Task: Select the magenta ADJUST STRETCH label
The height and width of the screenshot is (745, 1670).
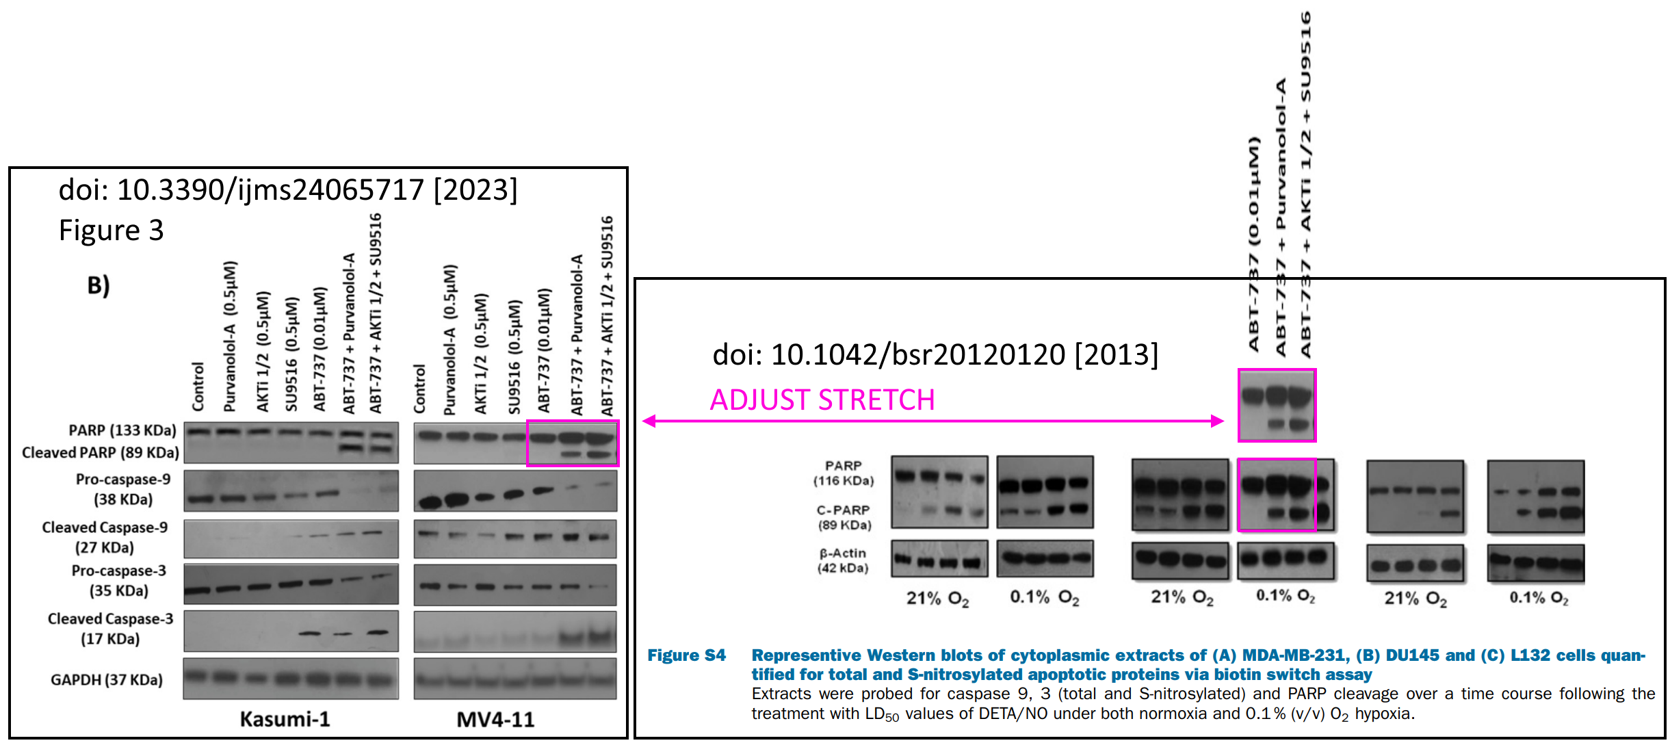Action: pos(822,400)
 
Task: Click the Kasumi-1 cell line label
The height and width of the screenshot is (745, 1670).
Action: pos(285,719)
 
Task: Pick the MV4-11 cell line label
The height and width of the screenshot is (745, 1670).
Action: pos(495,719)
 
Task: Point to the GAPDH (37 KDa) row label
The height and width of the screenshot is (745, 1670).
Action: pos(107,679)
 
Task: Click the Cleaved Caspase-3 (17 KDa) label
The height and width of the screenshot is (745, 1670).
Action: pos(110,628)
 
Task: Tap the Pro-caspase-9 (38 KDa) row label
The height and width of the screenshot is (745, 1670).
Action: pos(123,489)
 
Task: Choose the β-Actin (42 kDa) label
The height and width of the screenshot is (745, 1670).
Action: pos(843,560)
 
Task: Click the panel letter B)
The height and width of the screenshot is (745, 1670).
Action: pos(98,285)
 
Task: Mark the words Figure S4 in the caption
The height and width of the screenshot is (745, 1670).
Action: pos(686,655)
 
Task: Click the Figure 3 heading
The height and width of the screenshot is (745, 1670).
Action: pos(111,231)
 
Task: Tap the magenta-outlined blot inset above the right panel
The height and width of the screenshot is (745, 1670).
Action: pos(1277,405)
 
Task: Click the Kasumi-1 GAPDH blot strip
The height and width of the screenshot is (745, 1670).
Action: pos(291,679)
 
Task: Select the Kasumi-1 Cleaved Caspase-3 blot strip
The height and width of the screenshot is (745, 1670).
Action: pos(291,631)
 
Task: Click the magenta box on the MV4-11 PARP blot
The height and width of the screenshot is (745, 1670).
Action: pos(573,443)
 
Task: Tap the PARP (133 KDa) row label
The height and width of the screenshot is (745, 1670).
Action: pos(122,430)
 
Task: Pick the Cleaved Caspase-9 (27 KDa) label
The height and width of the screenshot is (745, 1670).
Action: pos(105,537)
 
